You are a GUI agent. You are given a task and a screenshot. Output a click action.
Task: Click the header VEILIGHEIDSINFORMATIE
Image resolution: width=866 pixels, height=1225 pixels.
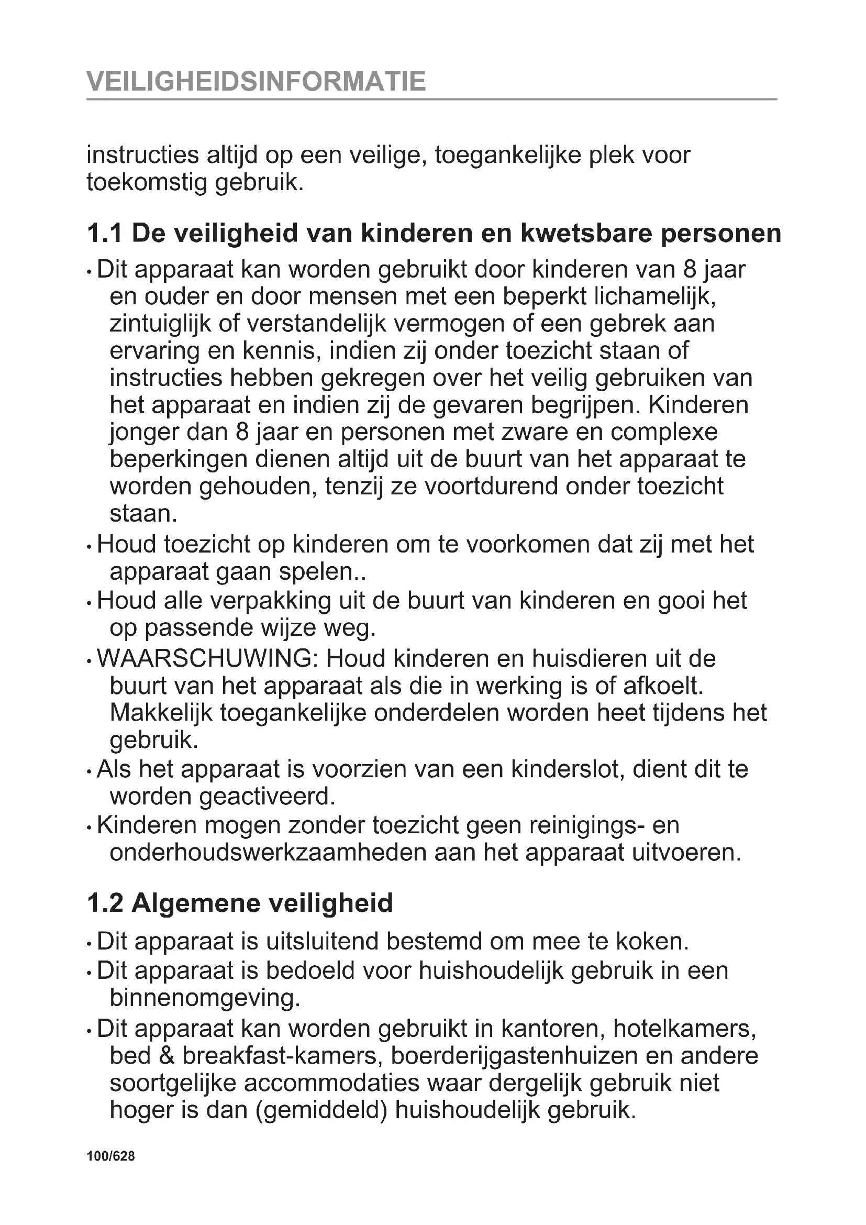click(256, 82)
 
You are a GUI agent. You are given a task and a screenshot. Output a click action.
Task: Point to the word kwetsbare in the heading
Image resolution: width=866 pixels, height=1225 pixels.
click(586, 234)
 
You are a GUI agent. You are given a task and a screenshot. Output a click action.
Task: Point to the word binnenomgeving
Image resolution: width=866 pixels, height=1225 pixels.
click(205, 997)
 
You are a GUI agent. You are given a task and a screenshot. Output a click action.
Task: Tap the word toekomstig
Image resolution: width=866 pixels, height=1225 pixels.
click(146, 183)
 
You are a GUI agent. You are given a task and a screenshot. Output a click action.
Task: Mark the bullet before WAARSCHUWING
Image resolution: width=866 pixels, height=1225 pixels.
click(89, 661)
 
